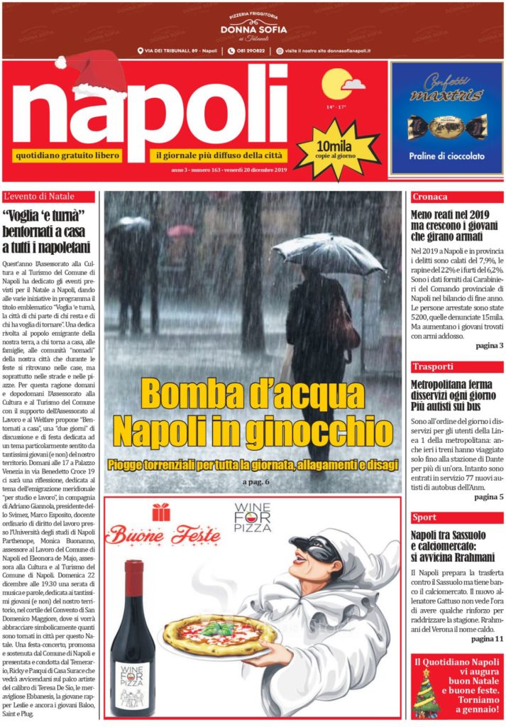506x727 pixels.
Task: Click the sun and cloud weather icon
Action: pyautogui.click(x=341, y=84)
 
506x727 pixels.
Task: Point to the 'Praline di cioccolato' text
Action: pyautogui.click(x=446, y=155)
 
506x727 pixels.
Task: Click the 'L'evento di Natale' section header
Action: pyautogui.click(x=50, y=197)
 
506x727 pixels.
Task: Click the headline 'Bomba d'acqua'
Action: pyautogui.click(x=252, y=393)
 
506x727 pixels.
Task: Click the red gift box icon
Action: pyautogui.click(x=160, y=512)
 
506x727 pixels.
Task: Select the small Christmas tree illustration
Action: pyautogui.click(x=426, y=693)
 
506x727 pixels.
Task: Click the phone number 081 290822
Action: pyautogui.click(x=251, y=51)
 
